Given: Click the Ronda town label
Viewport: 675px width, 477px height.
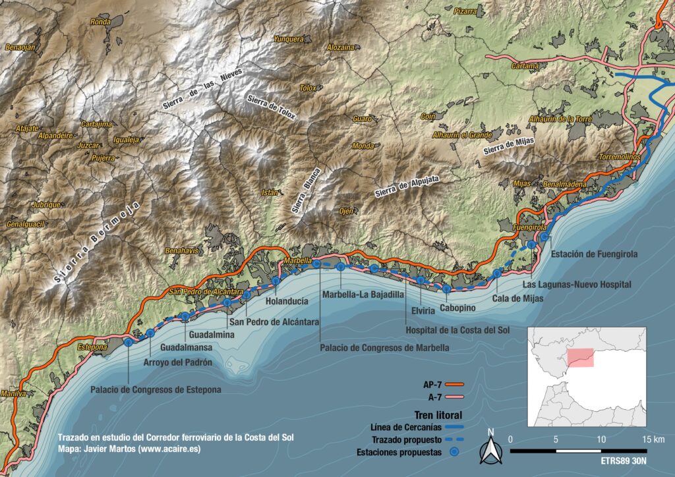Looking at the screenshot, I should pos(100,22).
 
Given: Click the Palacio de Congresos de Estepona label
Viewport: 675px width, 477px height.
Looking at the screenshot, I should pos(156,389).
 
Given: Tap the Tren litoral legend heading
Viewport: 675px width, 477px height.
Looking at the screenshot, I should pos(438,414).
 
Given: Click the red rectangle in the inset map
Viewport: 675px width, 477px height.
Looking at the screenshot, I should pos(581,358).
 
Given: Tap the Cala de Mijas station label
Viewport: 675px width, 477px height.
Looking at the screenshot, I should pos(517,298).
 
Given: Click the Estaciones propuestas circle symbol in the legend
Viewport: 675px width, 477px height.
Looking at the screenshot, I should pos(454,453).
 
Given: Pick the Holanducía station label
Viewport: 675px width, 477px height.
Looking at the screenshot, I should pos(287,301).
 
